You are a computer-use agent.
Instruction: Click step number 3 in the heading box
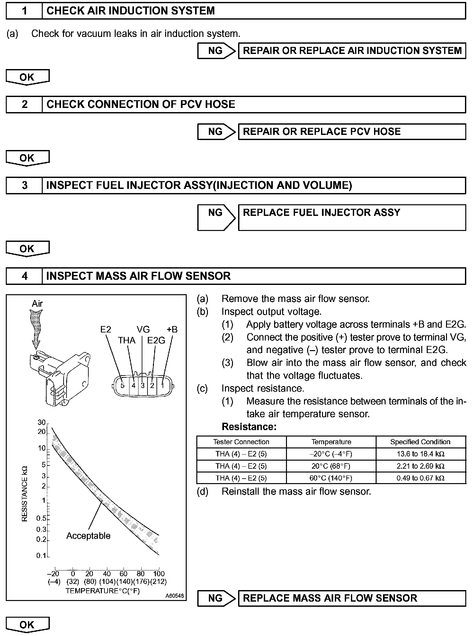[x=24, y=185]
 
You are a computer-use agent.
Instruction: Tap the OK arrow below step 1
[x=28, y=77]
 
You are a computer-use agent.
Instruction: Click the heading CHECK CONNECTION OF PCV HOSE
[x=141, y=104]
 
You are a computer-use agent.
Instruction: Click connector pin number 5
[x=122, y=385]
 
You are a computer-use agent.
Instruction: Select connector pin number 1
[x=163, y=385]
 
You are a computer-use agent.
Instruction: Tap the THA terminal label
[x=127, y=340]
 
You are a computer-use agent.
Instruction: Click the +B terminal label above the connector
[x=172, y=330]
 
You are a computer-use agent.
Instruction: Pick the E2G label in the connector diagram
[x=156, y=340]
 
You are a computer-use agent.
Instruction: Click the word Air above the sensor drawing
[x=37, y=304]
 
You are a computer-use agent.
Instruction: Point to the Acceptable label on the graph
[x=88, y=536]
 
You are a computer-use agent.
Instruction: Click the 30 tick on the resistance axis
[x=41, y=422]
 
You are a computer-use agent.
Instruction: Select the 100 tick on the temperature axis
[x=159, y=574]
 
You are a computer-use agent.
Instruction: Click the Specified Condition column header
[x=420, y=442]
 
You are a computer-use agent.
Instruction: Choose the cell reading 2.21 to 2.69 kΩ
[x=420, y=466]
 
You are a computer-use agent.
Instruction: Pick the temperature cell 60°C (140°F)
[x=331, y=478]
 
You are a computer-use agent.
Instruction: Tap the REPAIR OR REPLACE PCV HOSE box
[x=352, y=132]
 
